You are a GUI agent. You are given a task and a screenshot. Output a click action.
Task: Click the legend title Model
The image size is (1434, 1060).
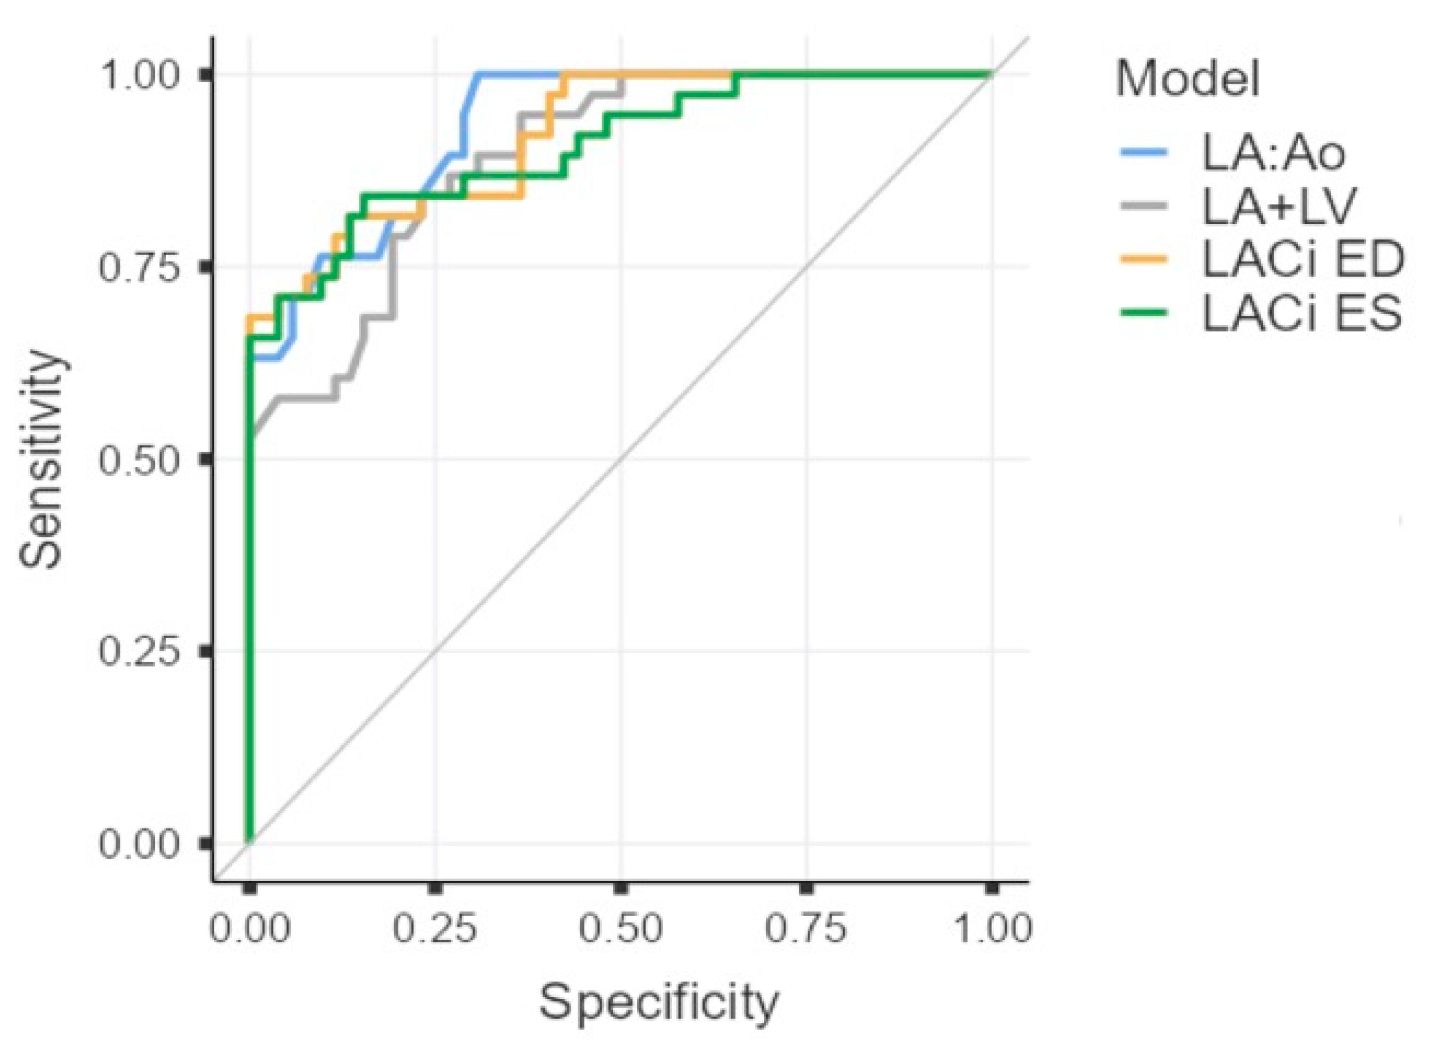tap(1188, 80)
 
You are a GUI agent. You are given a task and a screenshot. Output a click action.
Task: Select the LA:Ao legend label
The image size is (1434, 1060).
tap(1273, 154)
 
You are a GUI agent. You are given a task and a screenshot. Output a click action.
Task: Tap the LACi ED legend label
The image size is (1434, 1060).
tap(1302, 260)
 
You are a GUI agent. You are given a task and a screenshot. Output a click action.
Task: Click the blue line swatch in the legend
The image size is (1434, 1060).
tap(1144, 153)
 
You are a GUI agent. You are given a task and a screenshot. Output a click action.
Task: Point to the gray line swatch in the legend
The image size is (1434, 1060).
tap(1144, 206)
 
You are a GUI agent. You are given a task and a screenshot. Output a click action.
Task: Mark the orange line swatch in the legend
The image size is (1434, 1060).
tap(1144, 259)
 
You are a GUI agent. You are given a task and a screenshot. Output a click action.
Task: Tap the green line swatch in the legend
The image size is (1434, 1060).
tap(1144, 313)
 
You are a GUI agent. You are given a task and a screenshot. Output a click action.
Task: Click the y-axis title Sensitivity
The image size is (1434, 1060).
tap(41, 459)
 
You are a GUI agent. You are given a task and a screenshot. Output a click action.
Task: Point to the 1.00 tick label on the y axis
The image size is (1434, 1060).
tap(138, 76)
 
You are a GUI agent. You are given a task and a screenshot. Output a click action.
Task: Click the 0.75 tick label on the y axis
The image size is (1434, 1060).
tap(138, 267)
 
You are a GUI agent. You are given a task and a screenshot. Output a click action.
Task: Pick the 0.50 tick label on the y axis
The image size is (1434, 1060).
tap(138, 459)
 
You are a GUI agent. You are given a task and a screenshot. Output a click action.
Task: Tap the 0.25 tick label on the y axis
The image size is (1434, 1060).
tap(138, 651)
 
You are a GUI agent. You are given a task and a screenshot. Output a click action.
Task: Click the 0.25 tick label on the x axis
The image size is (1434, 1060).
tap(435, 928)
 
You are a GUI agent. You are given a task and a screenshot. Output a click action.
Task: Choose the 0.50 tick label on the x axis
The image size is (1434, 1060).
tap(620, 928)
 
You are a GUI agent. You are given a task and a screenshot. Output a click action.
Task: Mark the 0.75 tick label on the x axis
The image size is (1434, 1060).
tap(807, 928)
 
